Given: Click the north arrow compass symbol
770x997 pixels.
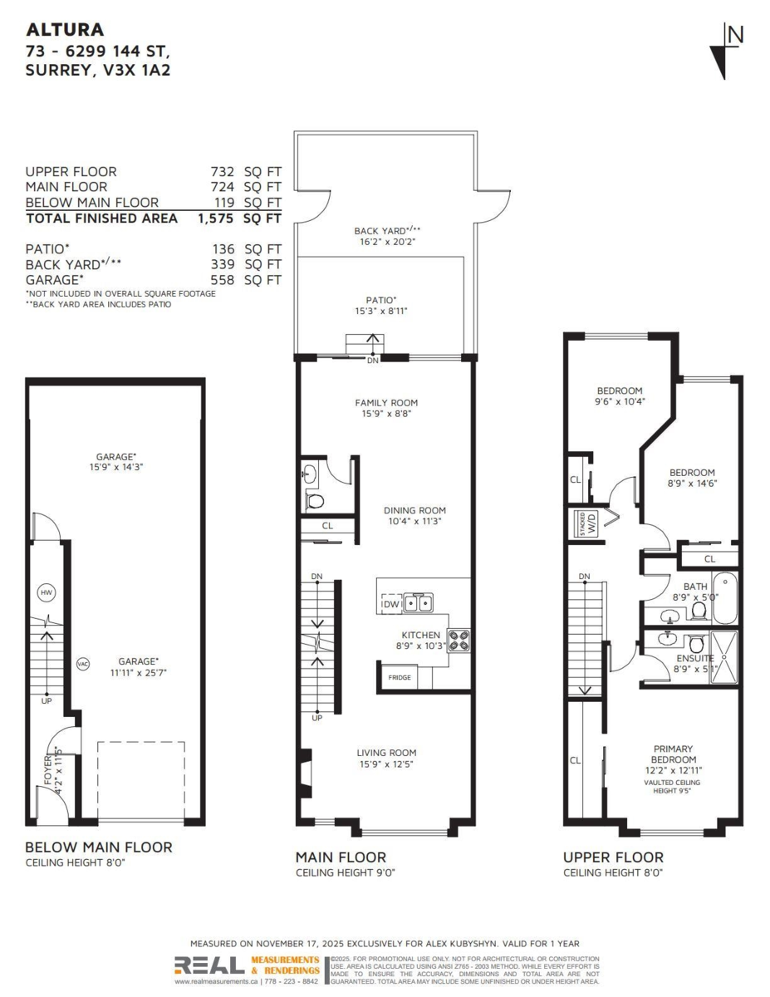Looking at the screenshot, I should pos(726,51).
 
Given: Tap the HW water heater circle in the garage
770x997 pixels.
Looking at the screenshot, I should pos(47,592).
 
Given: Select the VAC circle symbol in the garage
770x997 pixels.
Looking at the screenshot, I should pos(82,663).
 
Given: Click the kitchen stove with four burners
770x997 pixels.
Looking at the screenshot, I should pos(459,640).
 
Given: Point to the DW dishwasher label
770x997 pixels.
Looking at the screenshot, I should pos(390,604).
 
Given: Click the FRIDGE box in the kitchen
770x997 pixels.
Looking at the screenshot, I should pos(400,677).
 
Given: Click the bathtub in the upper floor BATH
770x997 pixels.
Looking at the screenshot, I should pos(726,597).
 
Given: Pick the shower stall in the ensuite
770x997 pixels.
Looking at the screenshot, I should pos(724,657).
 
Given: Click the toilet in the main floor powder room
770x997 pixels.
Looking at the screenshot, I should pos(315,501).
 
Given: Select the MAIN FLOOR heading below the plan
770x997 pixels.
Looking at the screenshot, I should pos(341,857).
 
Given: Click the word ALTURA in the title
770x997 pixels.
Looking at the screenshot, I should pos(66,30).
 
